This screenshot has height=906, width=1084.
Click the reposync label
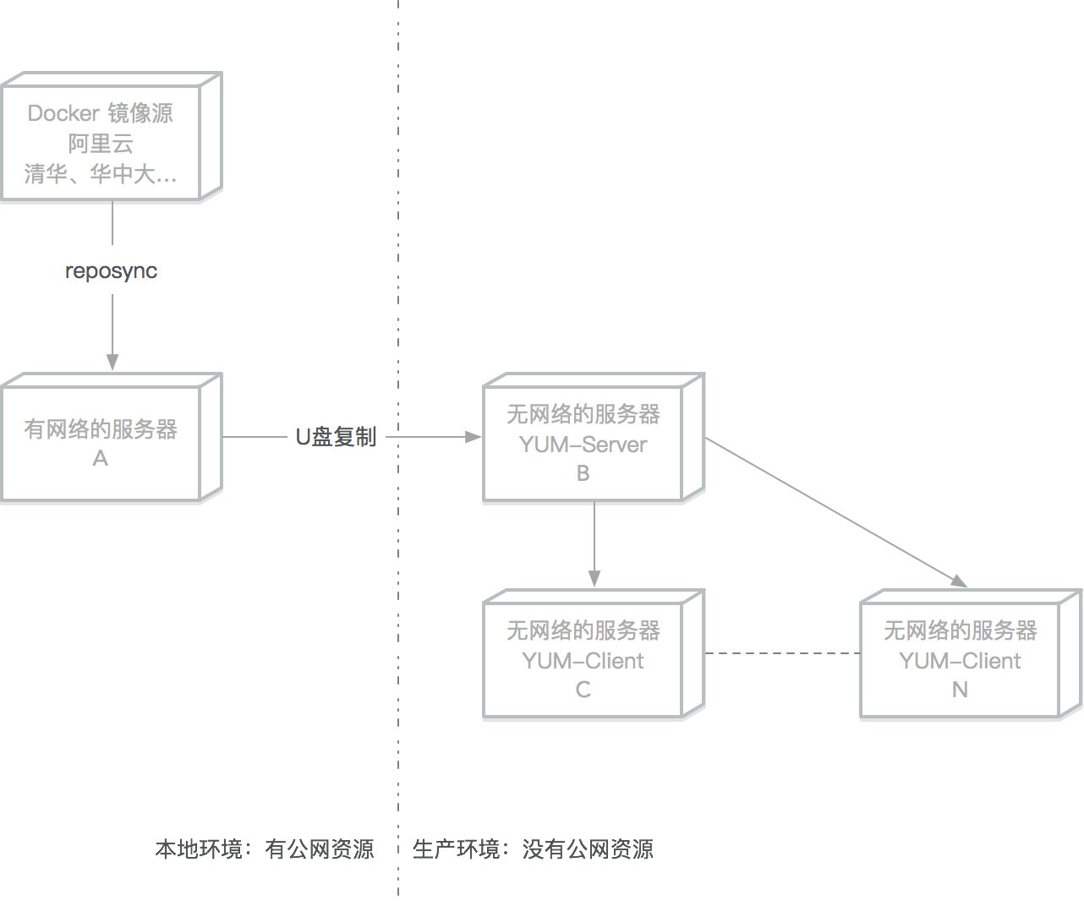click(x=111, y=270)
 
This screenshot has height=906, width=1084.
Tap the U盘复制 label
click(x=336, y=437)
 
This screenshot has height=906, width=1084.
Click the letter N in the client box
click(x=960, y=690)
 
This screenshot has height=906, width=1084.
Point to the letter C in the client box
click(x=583, y=690)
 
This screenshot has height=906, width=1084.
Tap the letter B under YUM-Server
click(x=583, y=473)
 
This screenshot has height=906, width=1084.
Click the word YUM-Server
click(x=583, y=445)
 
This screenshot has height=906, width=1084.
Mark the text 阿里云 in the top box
click(x=101, y=144)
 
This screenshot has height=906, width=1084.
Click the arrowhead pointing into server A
click(x=112, y=362)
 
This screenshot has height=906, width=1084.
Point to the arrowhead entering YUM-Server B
click(x=474, y=437)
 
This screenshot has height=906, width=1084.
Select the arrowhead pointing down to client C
click(x=594, y=579)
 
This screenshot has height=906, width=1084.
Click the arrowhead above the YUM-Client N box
click(x=959, y=581)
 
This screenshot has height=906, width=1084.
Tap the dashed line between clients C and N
click(x=782, y=653)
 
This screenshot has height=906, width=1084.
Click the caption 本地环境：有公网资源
click(x=264, y=849)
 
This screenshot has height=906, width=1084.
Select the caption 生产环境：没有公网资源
click(x=533, y=849)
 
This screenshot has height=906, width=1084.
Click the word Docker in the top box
click(x=64, y=113)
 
